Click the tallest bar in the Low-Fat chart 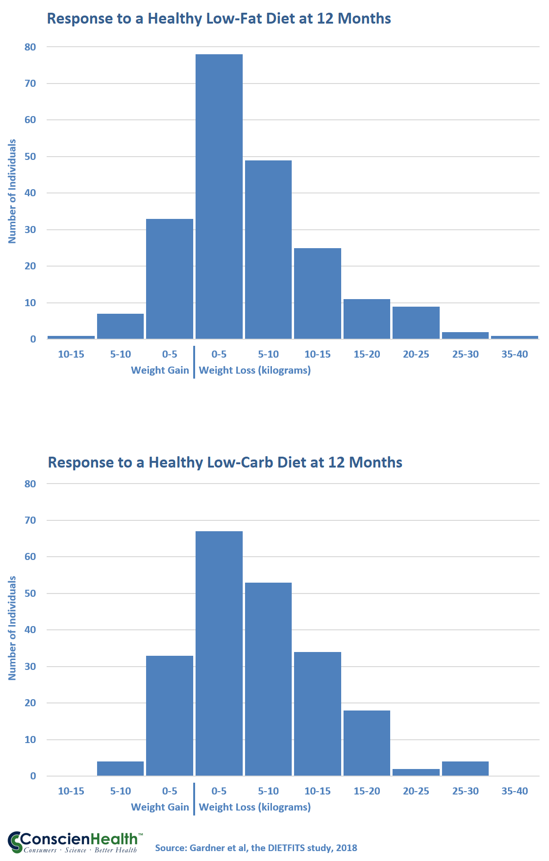pyautogui.click(x=219, y=196)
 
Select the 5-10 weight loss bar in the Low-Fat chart pyautogui.click(x=268, y=250)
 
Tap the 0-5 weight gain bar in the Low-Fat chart pyautogui.click(x=170, y=279)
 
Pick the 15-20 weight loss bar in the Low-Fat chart pyautogui.click(x=367, y=319)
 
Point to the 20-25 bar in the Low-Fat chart pyautogui.click(x=416, y=323)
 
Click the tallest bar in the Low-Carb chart pyautogui.click(x=219, y=653)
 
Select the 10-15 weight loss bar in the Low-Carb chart pyautogui.click(x=318, y=714)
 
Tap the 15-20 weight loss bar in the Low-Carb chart pyautogui.click(x=367, y=743)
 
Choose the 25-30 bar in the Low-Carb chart pyautogui.click(x=465, y=769)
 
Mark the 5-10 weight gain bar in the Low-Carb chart pyautogui.click(x=120, y=769)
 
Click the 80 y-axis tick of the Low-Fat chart pyautogui.click(x=30, y=47)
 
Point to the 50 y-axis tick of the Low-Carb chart pyautogui.click(x=30, y=594)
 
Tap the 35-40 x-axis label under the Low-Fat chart pyautogui.click(x=515, y=354)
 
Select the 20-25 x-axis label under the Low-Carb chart pyautogui.click(x=416, y=791)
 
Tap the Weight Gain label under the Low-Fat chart pyautogui.click(x=160, y=370)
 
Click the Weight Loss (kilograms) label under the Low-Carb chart pyautogui.click(x=255, y=807)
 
